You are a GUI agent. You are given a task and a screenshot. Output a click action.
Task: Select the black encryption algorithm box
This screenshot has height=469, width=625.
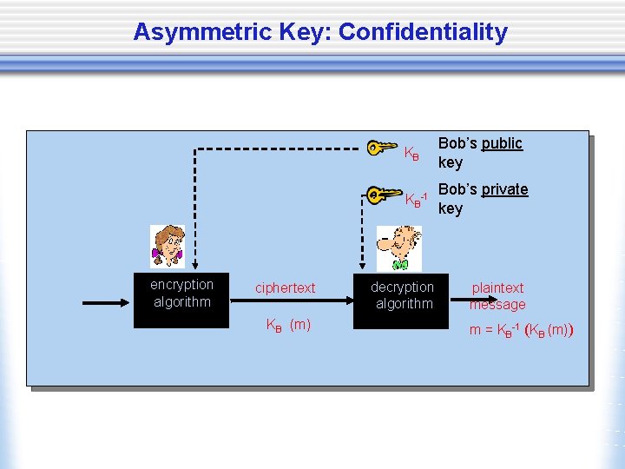tap(181, 301)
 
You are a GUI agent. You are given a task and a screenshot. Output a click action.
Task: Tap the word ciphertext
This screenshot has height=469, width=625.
tap(285, 287)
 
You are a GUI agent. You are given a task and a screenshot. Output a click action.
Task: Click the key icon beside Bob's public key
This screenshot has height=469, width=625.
tap(382, 149)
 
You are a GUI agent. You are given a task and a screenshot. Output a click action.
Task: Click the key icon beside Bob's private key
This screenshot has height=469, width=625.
tap(382, 195)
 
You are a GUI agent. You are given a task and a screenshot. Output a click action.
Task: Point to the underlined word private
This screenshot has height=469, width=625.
tap(505, 189)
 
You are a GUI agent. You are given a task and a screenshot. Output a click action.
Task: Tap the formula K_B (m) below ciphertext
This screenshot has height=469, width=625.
tap(288, 326)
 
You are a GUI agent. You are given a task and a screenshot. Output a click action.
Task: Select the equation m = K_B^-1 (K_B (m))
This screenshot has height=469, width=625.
tap(522, 330)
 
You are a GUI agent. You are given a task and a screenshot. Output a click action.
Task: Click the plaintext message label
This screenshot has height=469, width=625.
tap(497, 296)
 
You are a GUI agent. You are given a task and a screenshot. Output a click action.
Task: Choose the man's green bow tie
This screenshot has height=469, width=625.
tap(399, 263)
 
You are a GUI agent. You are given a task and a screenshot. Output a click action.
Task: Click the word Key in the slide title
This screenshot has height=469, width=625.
tap(306, 33)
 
